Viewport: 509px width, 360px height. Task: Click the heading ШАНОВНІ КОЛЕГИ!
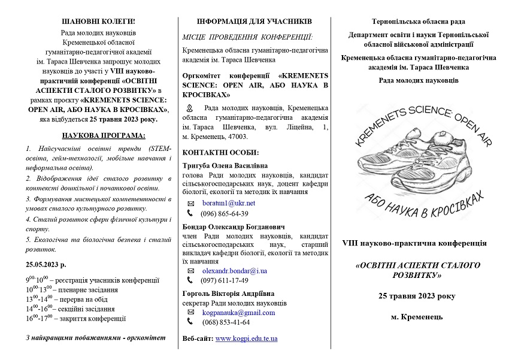(99, 22)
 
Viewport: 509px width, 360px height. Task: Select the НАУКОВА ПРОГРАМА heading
(99, 135)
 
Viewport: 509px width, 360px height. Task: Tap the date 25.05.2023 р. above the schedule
(46, 264)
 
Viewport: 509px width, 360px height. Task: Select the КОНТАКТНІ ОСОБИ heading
(220, 152)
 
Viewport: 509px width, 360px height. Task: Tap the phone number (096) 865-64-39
(225, 213)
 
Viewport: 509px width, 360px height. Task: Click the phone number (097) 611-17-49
(225, 280)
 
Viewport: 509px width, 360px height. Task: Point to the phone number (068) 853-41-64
(226, 322)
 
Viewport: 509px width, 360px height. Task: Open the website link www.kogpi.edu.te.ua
(246, 338)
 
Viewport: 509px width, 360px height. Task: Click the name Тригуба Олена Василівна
(225, 165)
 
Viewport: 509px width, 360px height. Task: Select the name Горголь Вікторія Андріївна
(225, 294)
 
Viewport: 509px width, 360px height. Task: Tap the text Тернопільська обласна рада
(418, 22)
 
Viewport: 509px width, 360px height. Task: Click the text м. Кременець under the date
(417, 316)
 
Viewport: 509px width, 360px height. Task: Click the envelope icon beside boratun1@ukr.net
(190, 204)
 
